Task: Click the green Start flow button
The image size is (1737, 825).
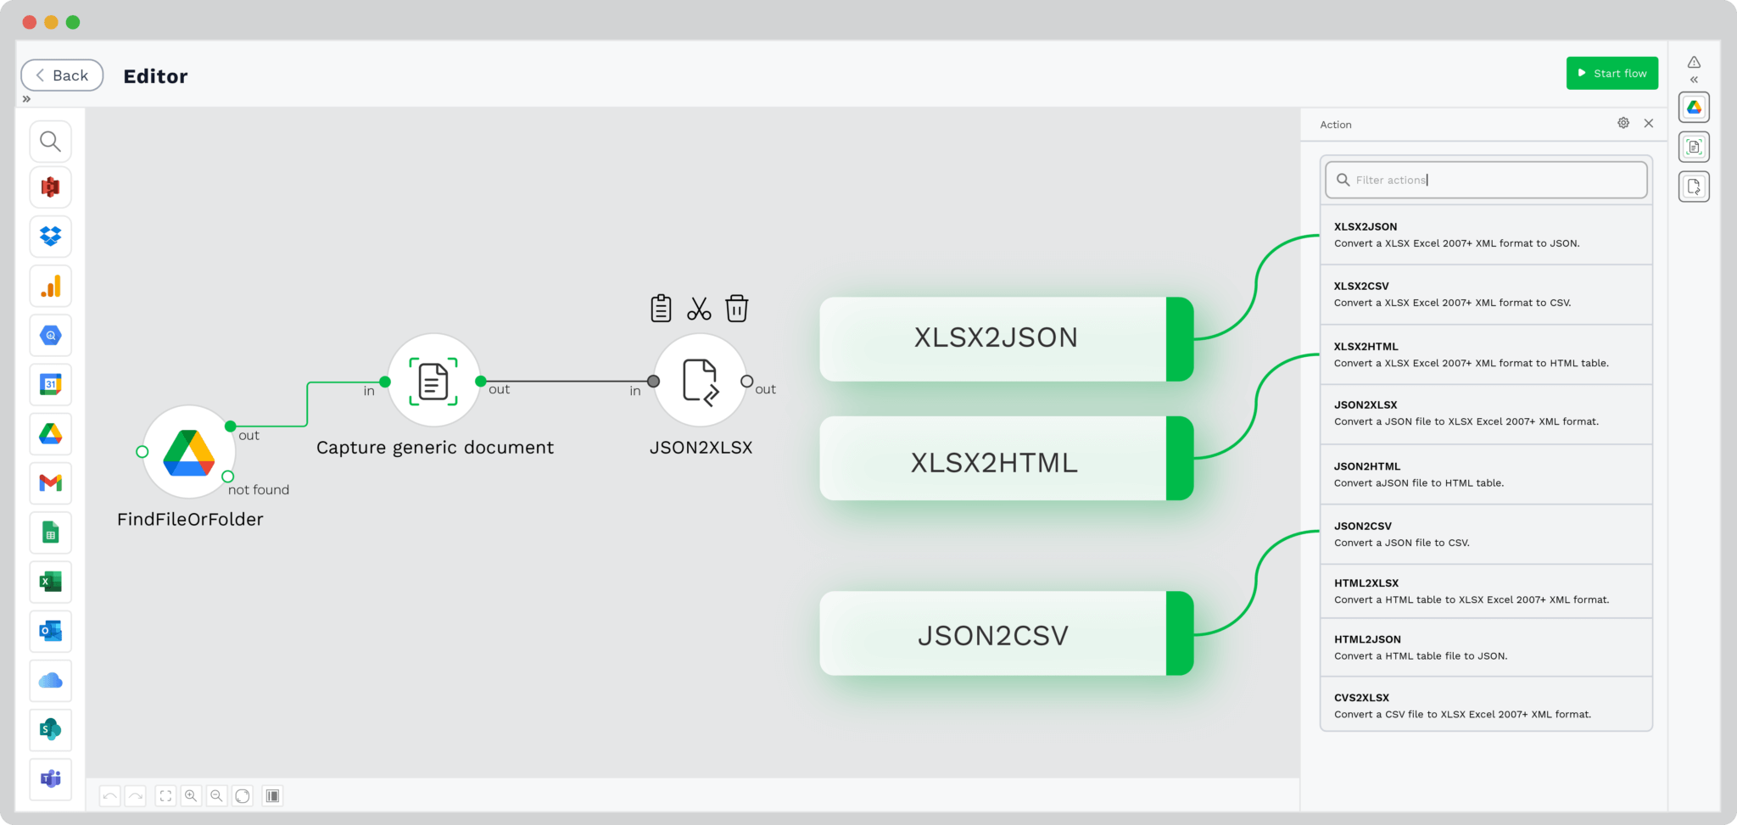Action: tap(1611, 73)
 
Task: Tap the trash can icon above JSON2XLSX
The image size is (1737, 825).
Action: tap(736, 309)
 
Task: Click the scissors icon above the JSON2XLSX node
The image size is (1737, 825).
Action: tap(699, 309)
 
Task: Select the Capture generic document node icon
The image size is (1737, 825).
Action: tap(433, 381)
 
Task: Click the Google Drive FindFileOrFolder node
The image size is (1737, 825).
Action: tap(188, 452)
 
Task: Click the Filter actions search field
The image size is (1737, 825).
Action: tap(1486, 180)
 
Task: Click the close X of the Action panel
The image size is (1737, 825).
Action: tap(1648, 124)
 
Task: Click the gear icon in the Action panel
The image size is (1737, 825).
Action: tap(1623, 124)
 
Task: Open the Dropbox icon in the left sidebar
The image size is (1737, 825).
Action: tap(51, 237)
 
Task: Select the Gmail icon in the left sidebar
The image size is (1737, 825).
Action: tap(51, 483)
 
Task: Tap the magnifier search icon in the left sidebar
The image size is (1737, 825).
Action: tap(51, 141)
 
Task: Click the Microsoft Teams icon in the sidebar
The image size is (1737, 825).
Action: tap(51, 778)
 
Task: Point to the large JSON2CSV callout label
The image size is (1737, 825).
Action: tap(993, 635)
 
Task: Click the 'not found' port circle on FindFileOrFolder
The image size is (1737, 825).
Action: tap(227, 477)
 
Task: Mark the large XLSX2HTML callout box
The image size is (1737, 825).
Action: tap(994, 462)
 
